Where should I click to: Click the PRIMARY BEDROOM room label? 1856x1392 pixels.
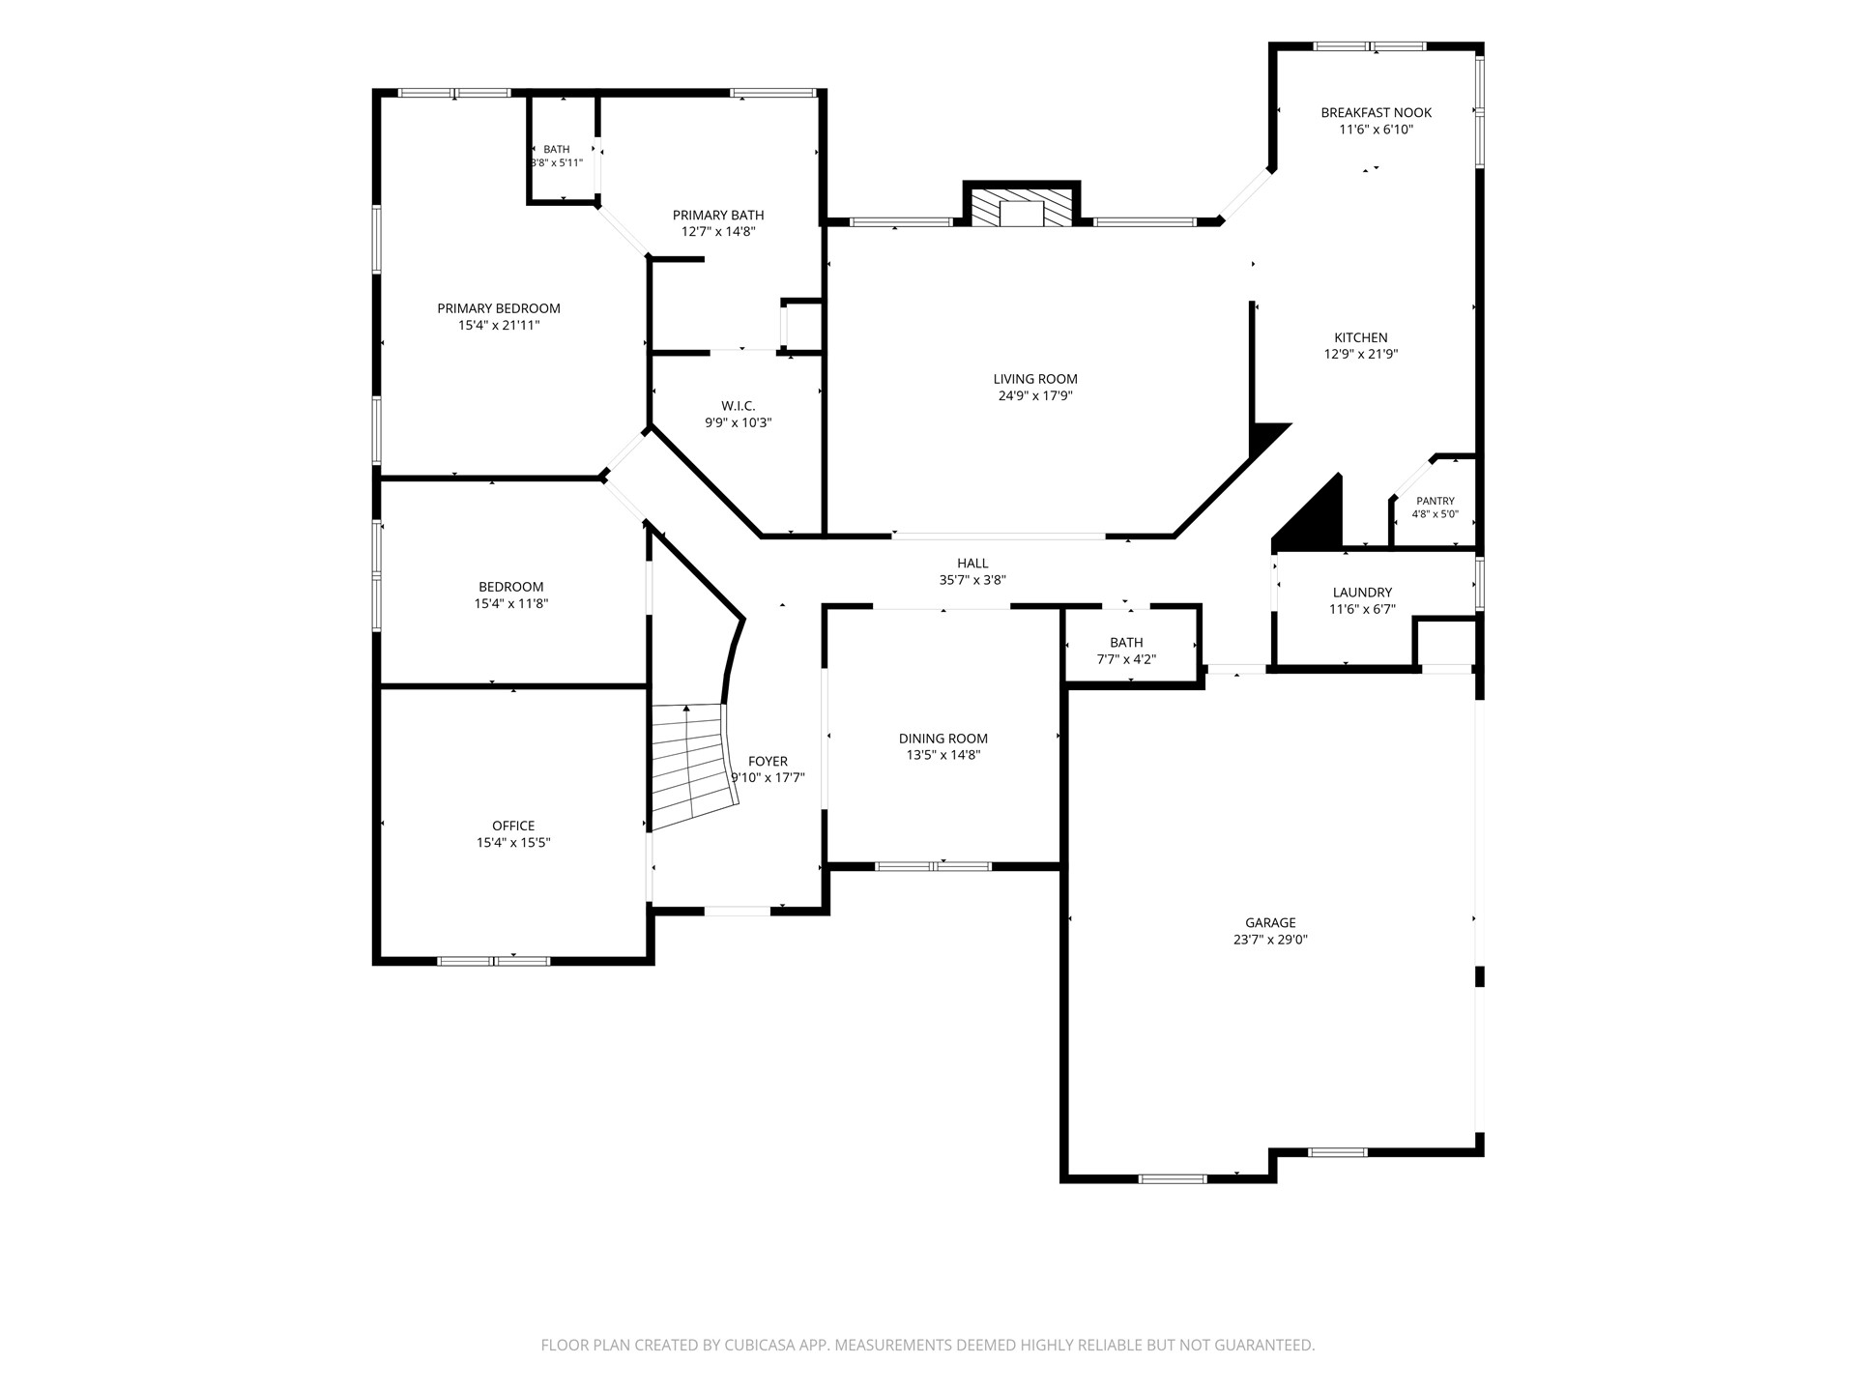click(x=499, y=308)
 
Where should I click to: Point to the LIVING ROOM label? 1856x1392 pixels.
click(x=1035, y=379)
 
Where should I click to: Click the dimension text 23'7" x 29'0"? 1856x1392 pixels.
click(x=1270, y=940)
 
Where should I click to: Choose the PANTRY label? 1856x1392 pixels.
click(x=1435, y=501)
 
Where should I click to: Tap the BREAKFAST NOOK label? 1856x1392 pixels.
click(x=1377, y=112)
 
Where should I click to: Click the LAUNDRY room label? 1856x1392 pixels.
click(x=1362, y=593)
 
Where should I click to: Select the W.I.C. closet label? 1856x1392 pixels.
click(x=739, y=406)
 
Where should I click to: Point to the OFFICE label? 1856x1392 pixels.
click(x=513, y=826)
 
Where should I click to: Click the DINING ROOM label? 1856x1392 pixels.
click(x=943, y=739)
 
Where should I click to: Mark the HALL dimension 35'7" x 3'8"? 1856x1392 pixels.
click(x=972, y=580)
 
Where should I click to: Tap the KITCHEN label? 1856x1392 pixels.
click(x=1361, y=337)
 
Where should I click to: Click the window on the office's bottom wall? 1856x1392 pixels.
click(x=494, y=961)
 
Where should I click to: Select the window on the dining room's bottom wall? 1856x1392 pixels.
click(x=933, y=866)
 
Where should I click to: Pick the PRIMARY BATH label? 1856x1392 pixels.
click(x=718, y=215)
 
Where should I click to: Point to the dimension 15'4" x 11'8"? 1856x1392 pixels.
click(x=511, y=603)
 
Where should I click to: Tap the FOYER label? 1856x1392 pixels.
click(x=768, y=761)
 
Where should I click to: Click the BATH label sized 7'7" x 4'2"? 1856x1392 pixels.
click(x=1126, y=642)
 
